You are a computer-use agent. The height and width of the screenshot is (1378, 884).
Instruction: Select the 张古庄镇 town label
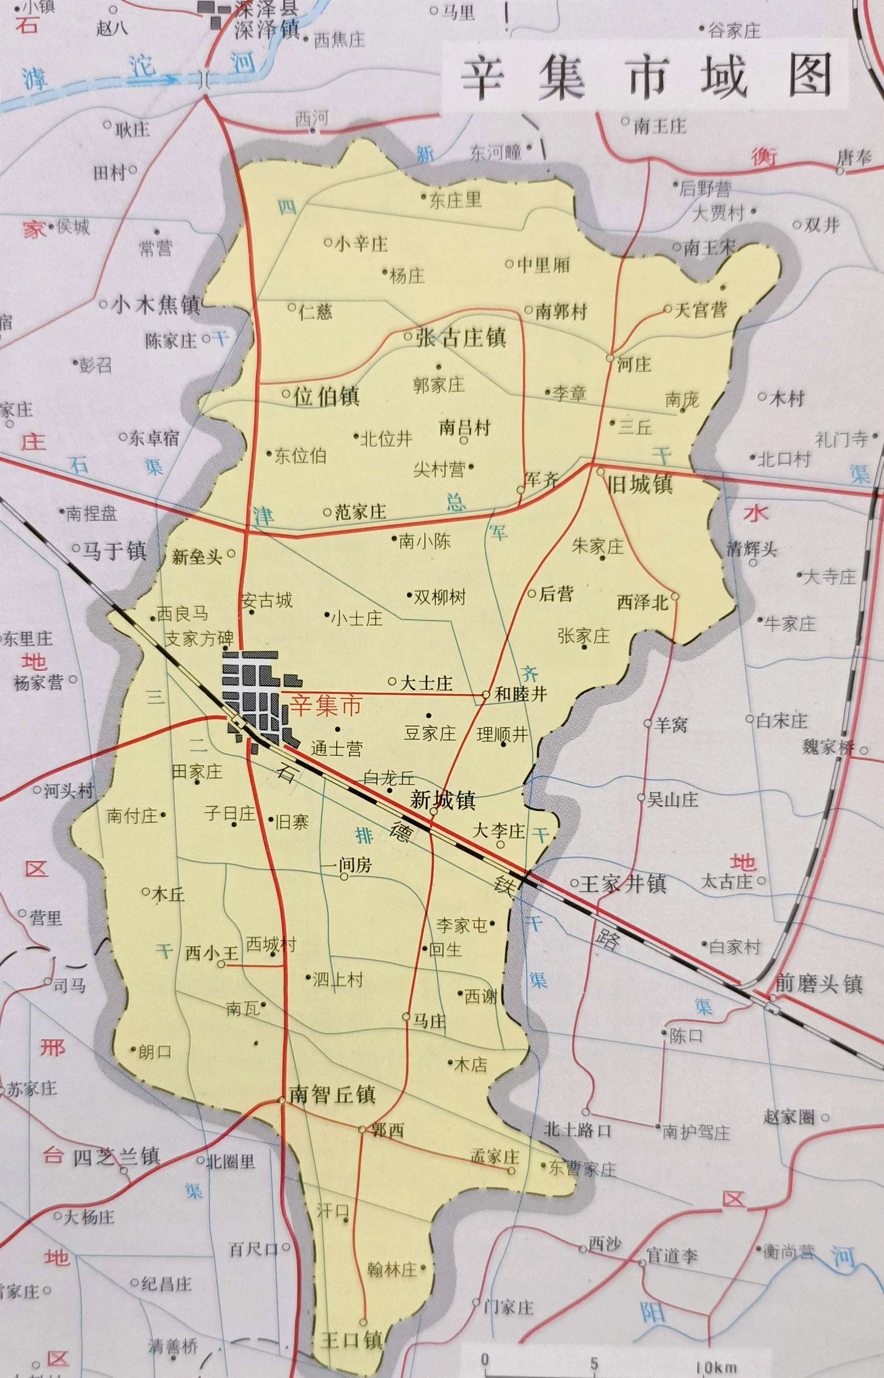coord(460,337)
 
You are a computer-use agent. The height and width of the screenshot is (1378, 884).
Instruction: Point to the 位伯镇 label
coord(326,396)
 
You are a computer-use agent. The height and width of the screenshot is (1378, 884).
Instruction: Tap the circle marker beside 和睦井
coord(485,694)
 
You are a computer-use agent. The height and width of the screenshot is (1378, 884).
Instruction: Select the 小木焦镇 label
coord(156,305)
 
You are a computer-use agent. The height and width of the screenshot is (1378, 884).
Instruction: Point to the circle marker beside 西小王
coord(221,964)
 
